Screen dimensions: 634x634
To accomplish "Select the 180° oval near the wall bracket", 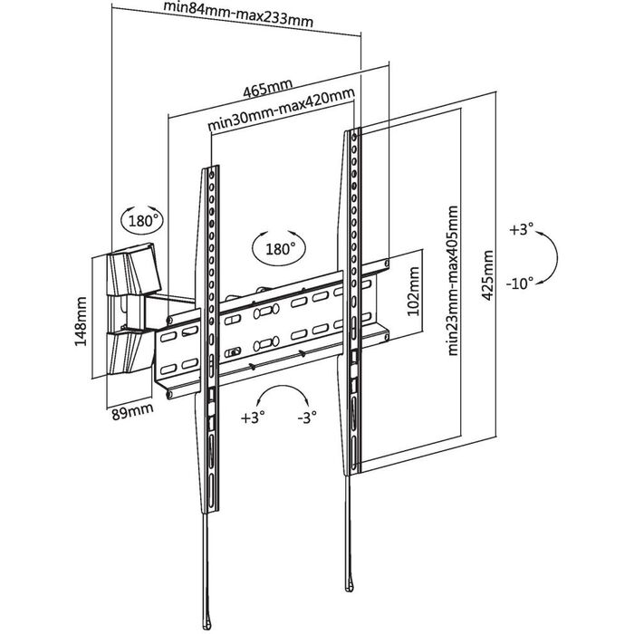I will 140,220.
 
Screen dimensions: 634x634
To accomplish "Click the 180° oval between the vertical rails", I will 280,247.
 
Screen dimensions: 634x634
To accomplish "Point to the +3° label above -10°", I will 523,230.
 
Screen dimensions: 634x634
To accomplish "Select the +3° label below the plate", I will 254,418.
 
